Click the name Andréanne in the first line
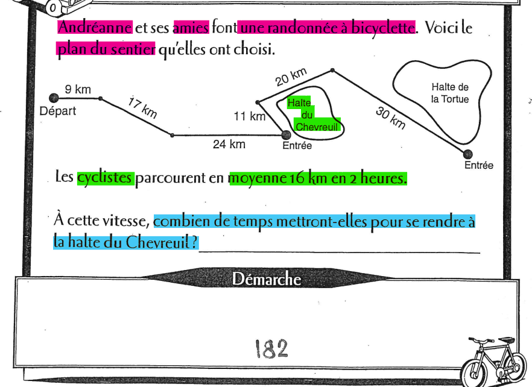(x=95, y=27)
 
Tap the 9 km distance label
(x=78, y=90)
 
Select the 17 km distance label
(x=143, y=107)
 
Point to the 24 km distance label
(x=229, y=144)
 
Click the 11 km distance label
(x=249, y=116)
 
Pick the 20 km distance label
(x=291, y=78)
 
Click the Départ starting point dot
(x=54, y=98)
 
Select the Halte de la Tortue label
(x=449, y=93)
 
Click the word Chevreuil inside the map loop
(x=318, y=127)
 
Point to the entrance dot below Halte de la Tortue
(x=467, y=154)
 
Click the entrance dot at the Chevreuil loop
(x=287, y=134)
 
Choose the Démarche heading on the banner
(x=266, y=278)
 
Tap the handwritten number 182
(x=271, y=348)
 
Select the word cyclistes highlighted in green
(x=105, y=178)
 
